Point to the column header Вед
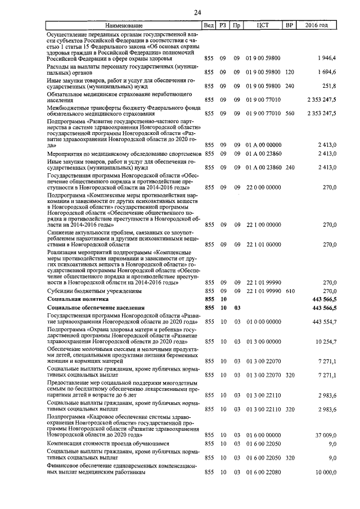tap(209, 26)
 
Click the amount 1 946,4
tap(326, 58)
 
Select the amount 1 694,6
tap(326, 72)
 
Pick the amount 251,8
tap(328, 85)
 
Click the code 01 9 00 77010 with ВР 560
tap(263, 113)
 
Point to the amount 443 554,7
tap(323, 321)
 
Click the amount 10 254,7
tap(325, 341)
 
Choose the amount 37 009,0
tap(325, 435)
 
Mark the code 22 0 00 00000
tap(263, 187)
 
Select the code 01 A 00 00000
tap(263, 145)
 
